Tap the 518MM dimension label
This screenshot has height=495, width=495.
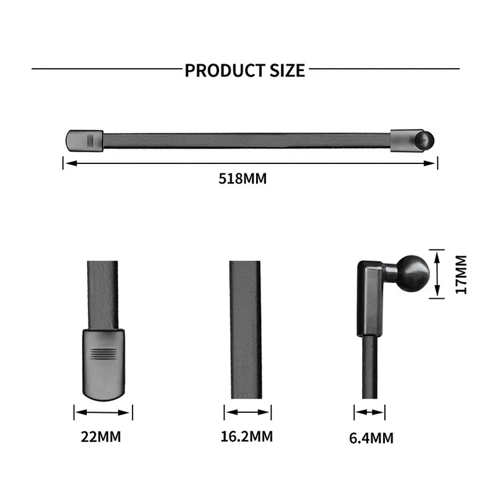pyautogui.click(x=242, y=179)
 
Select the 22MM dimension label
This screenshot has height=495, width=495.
pyautogui.click(x=101, y=437)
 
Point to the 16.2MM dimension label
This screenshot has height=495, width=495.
pyautogui.click(x=246, y=436)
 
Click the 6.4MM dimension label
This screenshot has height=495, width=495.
pyautogui.click(x=371, y=438)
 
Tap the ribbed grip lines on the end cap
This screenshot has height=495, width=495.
pyautogui.click(x=103, y=354)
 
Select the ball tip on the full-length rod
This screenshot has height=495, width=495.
pyautogui.click(x=427, y=139)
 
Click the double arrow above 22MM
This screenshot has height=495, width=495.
pyautogui.click(x=103, y=412)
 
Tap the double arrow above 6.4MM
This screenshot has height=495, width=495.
pyautogui.click(x=369, y=412)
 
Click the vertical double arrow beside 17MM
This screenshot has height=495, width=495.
pyautogui.click(x=437, y=273)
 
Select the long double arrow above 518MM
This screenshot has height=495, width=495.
pyautogui.click(x=250, y=163)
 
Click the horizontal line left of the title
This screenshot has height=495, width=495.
pyautogui.click(x=105, y=69)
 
